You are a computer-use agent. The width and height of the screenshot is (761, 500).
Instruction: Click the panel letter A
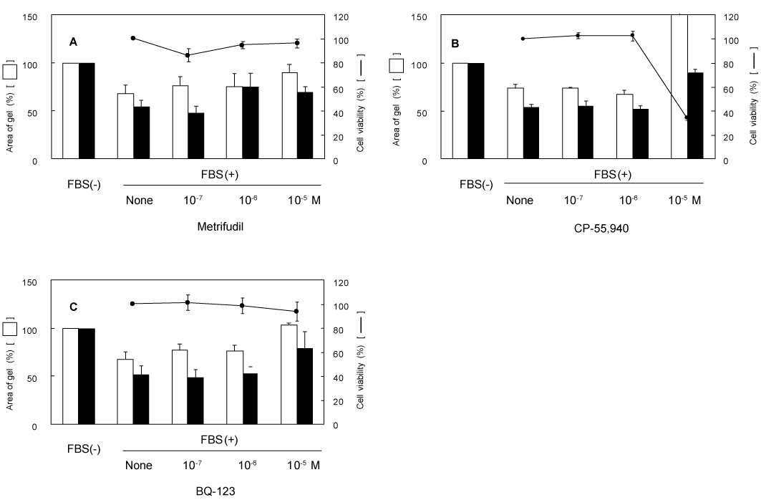point(73,42)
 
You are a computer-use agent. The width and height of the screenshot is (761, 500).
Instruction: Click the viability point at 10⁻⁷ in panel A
point(188,54)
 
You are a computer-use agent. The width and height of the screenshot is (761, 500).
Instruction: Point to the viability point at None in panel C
point(132,304)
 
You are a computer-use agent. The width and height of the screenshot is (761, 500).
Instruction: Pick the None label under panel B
point(520,200)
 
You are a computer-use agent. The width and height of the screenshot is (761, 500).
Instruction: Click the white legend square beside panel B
point(396,65)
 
